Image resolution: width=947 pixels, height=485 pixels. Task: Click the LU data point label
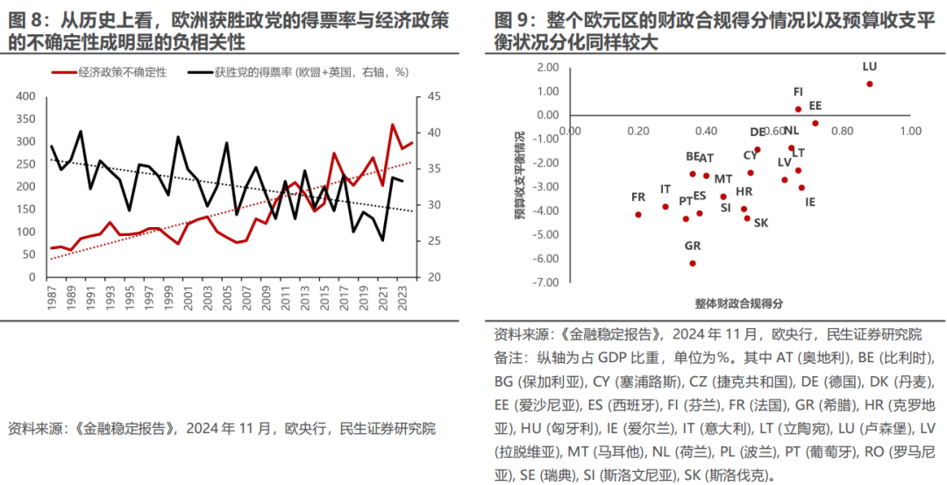click(x=869, y=66)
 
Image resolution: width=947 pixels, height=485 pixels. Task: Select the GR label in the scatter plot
click(x=693, y=246)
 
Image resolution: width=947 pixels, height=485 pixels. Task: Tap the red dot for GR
click(x=693, y=263)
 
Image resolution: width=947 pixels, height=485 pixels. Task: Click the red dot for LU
click(x=869, y=84)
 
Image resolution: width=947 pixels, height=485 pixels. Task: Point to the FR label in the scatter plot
click(x=638, y=196)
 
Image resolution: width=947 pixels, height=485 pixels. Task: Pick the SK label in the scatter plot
click(x=760, y=223)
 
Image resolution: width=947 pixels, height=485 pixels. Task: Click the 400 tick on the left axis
click(x=26, y=96)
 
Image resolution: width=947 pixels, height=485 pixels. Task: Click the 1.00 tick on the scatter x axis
click(x=909, y=131)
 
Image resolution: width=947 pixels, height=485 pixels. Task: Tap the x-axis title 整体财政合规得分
click(x=738, y=303)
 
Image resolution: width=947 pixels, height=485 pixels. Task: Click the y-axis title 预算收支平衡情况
click(x=519, y=175)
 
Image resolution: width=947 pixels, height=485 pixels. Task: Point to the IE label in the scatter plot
click(x=810, y=202)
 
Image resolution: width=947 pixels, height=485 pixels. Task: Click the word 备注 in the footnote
click(x=509, y=359)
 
